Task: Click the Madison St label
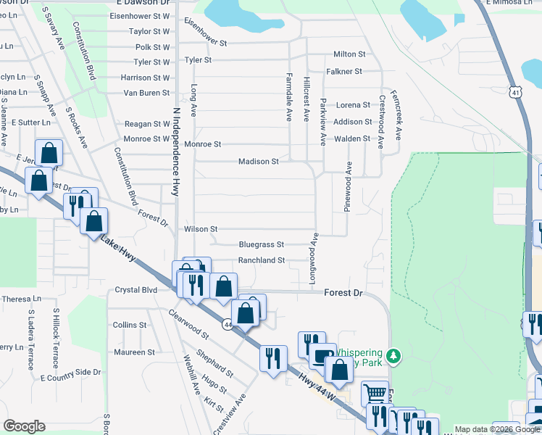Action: tap(259, 162)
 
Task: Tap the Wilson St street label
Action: tap(201, 229)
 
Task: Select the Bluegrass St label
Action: tap(261, 245)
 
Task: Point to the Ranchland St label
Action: tap(262, 260)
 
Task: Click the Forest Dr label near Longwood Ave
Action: tap(342, 293)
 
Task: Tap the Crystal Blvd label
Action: tap(136, 290)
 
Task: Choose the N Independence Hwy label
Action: tap(175, 152)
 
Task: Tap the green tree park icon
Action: tap(393, 355)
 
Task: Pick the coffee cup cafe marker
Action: tap(322, 356)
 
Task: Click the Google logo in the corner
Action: tap(24, 426)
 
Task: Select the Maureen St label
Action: tap(134, 352)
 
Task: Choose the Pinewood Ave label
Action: tap(349, 186)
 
